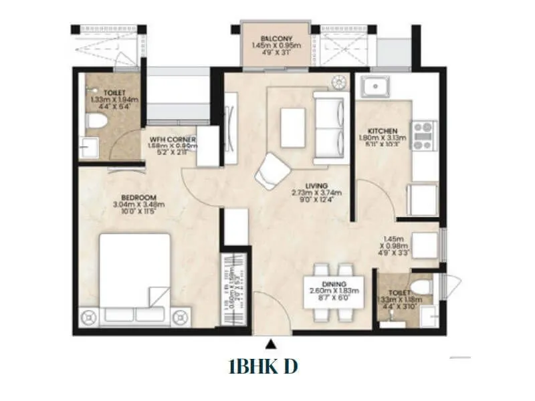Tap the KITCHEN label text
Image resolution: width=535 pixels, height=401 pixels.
(x=383, y=130)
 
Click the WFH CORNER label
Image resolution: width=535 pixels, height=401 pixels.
(x=172, y=138)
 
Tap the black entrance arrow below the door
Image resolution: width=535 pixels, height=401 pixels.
(x=270, y=344)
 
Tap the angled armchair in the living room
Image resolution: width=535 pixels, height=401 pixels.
(x=272, y=169)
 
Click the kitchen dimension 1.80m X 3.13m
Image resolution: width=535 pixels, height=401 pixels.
(x=383, y=138)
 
